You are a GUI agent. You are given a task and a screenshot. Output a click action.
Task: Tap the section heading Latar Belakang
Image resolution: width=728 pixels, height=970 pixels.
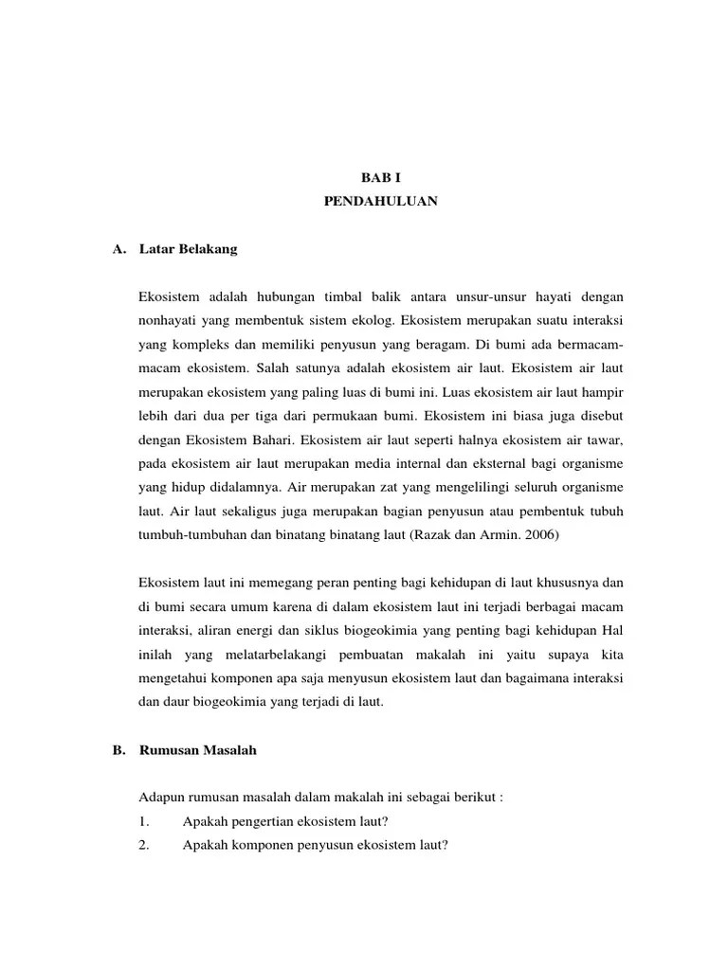(188, 249)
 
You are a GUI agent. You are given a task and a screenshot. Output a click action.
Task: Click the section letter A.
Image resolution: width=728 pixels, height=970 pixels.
(118, 249)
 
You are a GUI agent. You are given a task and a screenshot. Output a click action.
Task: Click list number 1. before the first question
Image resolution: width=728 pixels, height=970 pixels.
(144, 820)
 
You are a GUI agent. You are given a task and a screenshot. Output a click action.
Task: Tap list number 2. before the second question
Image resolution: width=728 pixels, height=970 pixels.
(144, 844)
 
